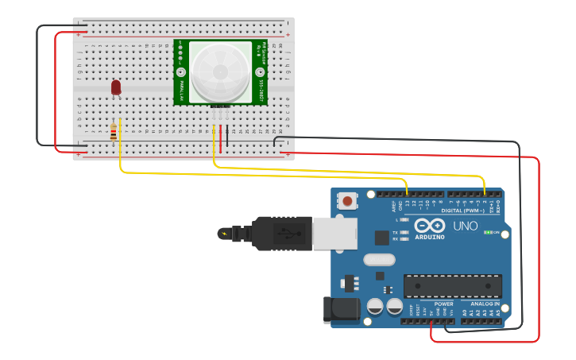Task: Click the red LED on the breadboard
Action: [x=116, y=87]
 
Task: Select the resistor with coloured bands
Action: [x=113, y=132]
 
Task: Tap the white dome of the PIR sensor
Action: [x=220, y=72]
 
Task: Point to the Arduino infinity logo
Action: [x=430, y=226]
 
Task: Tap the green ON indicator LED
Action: [x=488, y=233]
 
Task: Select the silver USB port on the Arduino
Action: [x=334, y=233]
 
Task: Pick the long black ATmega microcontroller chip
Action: [x=452, y=286]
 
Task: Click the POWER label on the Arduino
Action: [x=443, y=304]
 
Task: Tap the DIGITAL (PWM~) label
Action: [x=466, y=210]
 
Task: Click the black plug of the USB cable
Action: [x=282, y=233]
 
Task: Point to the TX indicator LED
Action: [x=404, y=232]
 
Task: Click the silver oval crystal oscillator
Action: [x=379, y=259]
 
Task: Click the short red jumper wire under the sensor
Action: [x=221, y=137]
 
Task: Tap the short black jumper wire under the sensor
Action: [x=227, y=137]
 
